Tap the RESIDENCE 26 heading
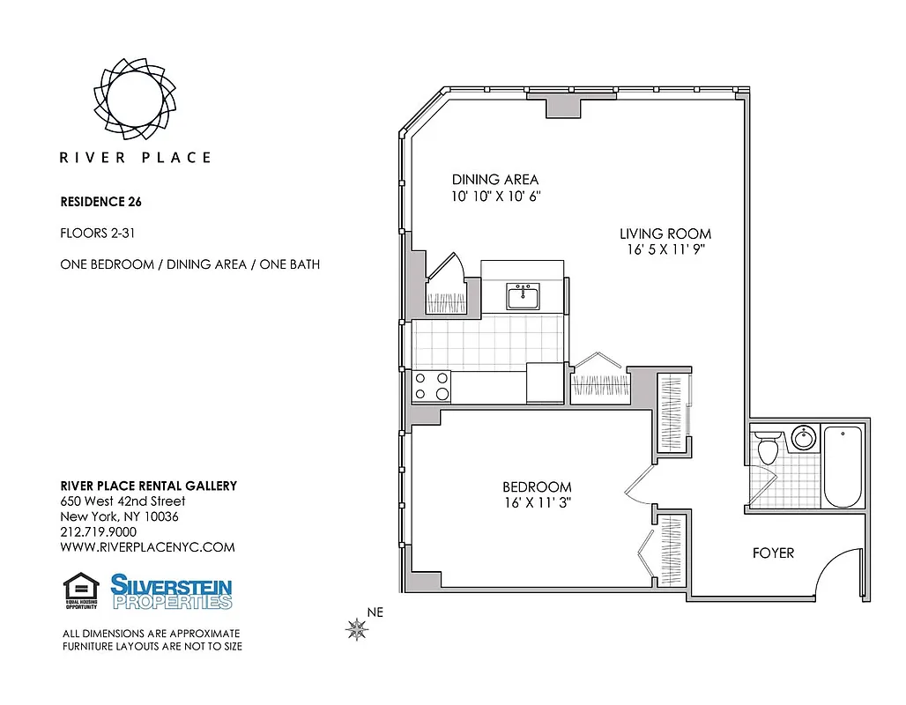tap(100, 201)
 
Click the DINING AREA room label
tap(494, 180)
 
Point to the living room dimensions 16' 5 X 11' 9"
tap(665, 249)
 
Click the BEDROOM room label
tap(537, 486)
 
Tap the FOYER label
tap(773, 553)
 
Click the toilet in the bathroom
tap(765, 448)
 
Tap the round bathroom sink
tap(803, 438)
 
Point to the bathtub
tap(843, 466)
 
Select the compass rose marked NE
tap(358, 628)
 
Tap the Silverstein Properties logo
tap(171, 591)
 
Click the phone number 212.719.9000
tap(98, 531)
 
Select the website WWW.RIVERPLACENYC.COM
tap(147, 546)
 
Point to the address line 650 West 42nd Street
tap(123, 501)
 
